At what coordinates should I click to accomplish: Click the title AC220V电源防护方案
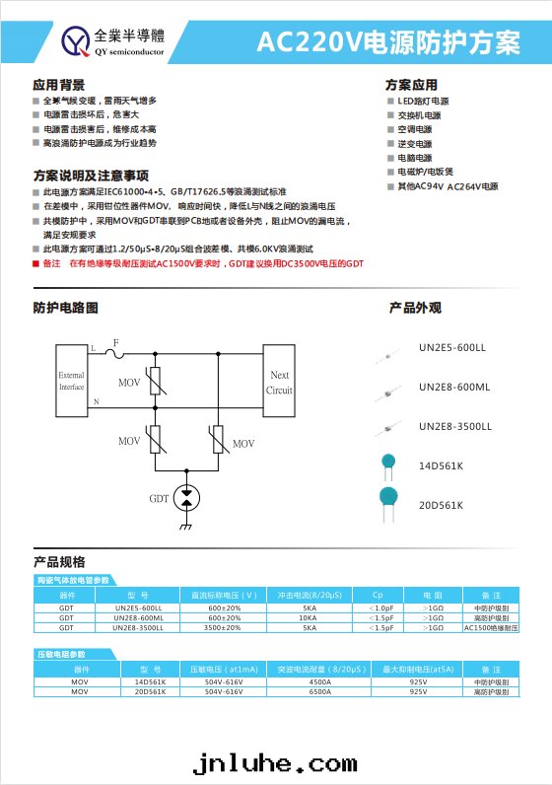(x=387, y=43)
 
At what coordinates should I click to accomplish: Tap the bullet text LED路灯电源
(x=423, y=101)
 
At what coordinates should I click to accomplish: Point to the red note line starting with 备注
(x=203, y=264)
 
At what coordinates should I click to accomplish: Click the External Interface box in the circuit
(x=72, y=381)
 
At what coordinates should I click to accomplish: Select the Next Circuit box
(x=279, y=382)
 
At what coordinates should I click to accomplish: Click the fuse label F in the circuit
(x=115, y=342)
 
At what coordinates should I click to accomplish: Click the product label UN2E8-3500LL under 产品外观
(x=454, y=426)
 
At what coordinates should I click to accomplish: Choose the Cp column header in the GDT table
(x=378, y=596)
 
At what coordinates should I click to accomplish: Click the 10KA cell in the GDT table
(x=310, y=618)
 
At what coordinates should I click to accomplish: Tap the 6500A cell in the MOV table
(x=320, y=691)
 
